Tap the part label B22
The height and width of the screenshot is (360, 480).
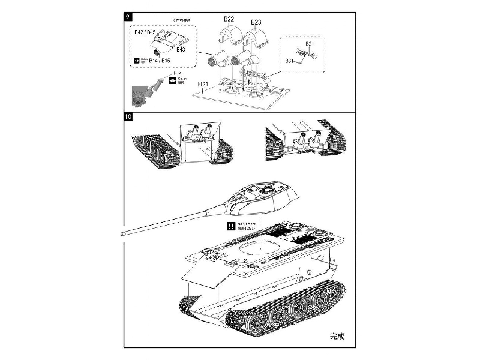point(229,19)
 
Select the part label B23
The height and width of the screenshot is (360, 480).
point(256,22)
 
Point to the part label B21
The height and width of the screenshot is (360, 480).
point(310,44)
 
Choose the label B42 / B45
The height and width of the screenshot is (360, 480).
point(145,32)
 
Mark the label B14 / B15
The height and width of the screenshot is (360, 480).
point(158,61)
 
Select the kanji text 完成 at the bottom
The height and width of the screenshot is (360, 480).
point(338,336)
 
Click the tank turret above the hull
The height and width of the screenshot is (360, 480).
point(264,198)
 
